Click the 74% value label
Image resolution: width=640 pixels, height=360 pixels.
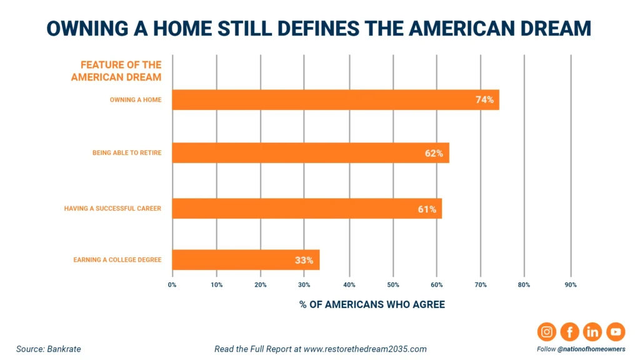pyautogui.click(x=484, y=100)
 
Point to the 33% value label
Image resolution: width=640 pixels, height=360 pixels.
pyautogui.click(x=304, y=260)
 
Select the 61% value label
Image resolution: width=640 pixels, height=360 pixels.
pyautogui.click(x=427, y=209)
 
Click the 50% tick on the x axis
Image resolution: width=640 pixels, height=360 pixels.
pyautogui.click(x=393, y=285)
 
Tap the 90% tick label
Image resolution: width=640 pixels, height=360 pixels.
pyautogui.click(x=570, y=285)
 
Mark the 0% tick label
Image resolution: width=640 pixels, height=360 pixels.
pyautogui.click(x=172, y=285)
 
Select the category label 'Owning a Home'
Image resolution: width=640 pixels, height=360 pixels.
pyautogui.click(x=136, y=100)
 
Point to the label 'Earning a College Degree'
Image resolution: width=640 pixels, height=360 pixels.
pyautogui.click(x=117, y=260)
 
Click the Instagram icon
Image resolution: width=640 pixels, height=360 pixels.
pyautogui.click(x=546, y=332)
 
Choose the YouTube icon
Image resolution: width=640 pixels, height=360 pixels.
pyautogui.click(x=615, y=332)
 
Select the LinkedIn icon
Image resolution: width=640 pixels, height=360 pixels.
pyautogui.click(x=592, y=332)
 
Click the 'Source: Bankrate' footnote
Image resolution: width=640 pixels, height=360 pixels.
pyautogui.click(x=49, y=349)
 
